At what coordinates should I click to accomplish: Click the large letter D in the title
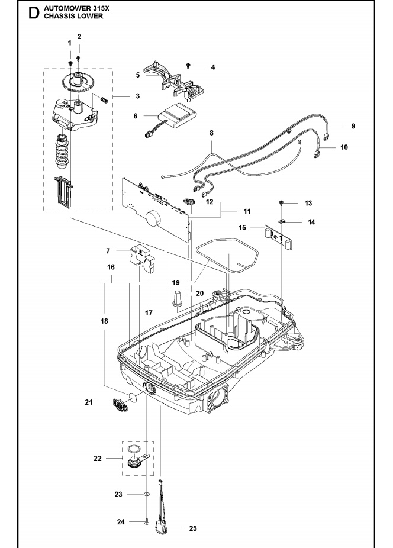[x=34, y=12]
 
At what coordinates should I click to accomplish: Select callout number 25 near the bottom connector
[x=193, y=528]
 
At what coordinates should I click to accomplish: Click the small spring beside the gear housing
[x=104, y=99]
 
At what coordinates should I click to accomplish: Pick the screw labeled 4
[x=188, y=65]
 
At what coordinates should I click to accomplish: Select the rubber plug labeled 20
[x=178, y=298]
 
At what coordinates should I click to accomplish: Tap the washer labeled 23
[x=146, y=494]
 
